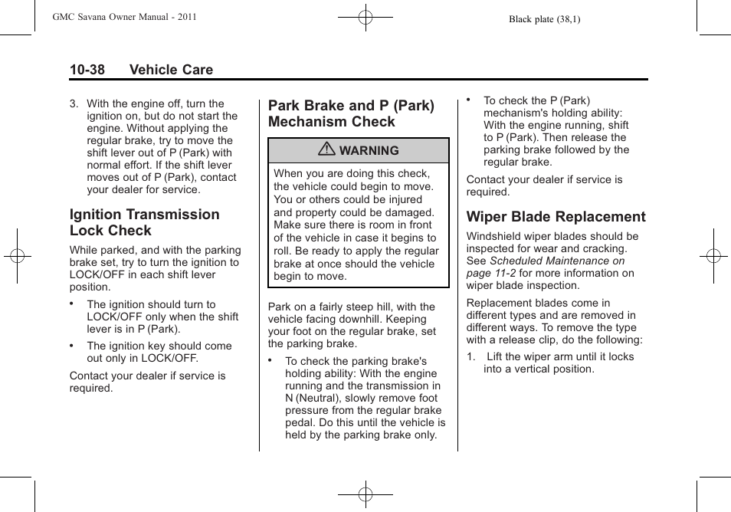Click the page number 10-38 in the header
[87, 70]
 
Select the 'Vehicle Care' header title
[171, 70]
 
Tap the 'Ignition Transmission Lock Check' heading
[144, 222]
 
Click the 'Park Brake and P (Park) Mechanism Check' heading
[351, 113]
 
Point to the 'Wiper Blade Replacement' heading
[556, 217]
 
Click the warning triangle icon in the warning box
[328, 150]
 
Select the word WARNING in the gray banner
[369, 151]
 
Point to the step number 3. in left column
[74, 104]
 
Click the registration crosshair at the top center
[365, 17]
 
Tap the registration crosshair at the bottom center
[365, 494]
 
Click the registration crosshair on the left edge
[17, 256]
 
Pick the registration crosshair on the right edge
[713, 256]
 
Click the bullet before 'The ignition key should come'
[72, 344]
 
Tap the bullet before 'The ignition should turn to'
[72, 303]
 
